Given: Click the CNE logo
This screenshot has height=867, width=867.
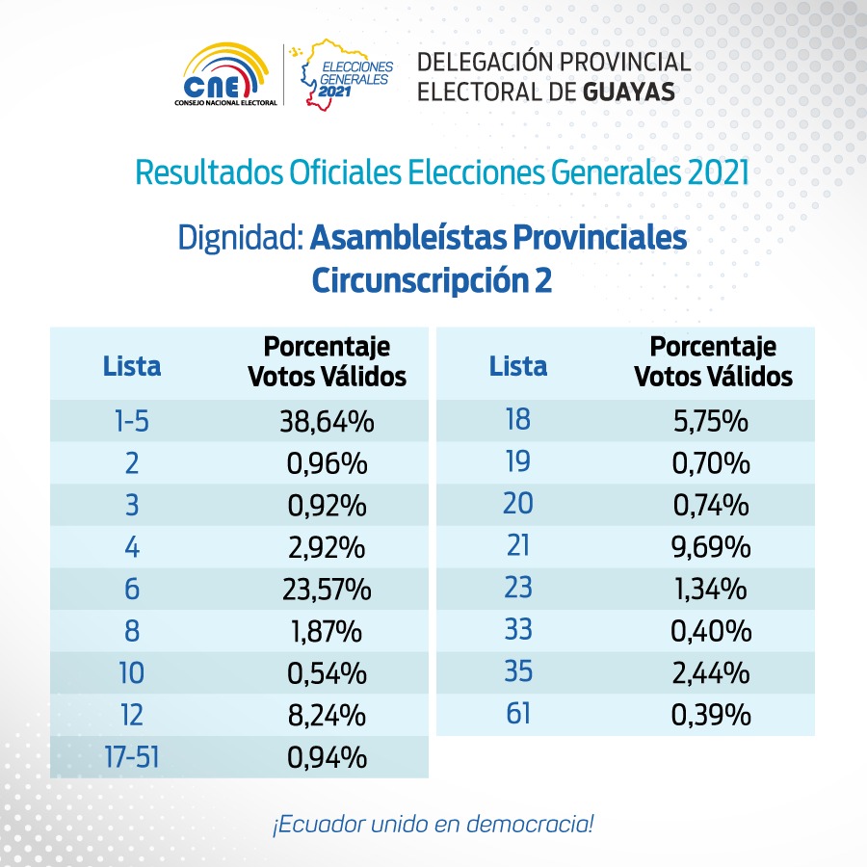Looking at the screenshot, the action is pos(225,74).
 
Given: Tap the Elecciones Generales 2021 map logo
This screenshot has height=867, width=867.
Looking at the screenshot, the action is pos(346,74).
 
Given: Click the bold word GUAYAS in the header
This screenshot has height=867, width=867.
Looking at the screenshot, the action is pos(629,92).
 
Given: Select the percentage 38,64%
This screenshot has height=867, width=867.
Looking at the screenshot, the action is pos(327,421).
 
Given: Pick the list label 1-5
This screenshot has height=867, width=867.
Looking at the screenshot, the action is pos(132,421).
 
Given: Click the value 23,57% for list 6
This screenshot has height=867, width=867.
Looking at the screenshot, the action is pos(327,590).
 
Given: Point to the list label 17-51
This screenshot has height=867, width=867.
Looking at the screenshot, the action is pos(132,757).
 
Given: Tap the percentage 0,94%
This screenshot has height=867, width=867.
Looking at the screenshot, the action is pos(327,757).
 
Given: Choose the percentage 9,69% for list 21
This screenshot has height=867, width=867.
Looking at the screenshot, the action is pos(711,547).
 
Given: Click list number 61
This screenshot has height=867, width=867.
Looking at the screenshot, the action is pos(518,713).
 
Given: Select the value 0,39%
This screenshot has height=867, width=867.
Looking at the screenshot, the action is pos(711,715).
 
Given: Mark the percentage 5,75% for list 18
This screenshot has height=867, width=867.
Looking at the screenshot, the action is pos(711,421).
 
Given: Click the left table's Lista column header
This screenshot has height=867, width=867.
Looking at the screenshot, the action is pos(132,366).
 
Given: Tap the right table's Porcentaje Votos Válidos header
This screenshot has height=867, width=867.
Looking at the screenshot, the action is pos(713,361).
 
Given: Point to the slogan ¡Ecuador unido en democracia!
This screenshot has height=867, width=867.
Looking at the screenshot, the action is pos(433,824).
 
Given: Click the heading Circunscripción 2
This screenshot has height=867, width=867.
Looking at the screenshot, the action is pos(432,280).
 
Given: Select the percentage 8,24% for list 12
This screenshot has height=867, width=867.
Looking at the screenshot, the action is pos(327,716).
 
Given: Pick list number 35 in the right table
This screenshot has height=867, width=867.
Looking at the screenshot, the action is pos(518,671).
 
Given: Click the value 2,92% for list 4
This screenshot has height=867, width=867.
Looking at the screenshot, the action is pos(327,547).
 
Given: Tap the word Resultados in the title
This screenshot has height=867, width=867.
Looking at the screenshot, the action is pos(209,172).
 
